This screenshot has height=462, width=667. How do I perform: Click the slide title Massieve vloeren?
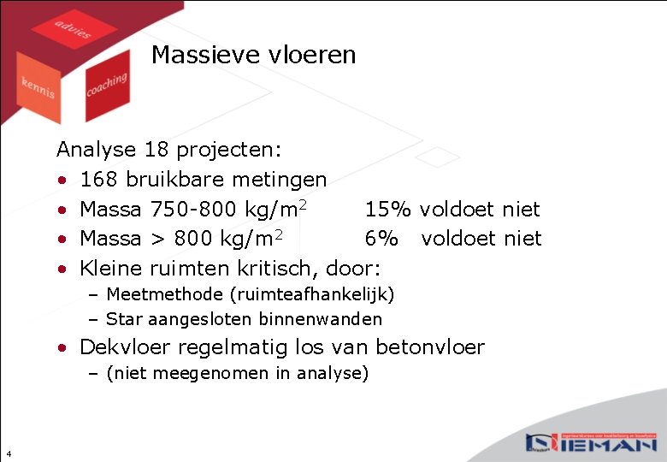click(x=253, y=56)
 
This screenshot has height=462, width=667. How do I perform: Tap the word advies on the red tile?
click(x=73, y=29)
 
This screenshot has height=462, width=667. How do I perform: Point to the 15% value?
click(x=388, y=209)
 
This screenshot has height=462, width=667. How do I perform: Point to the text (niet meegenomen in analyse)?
click(x=237, y=373)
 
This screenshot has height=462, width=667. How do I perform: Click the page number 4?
click(x=8, y=453)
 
